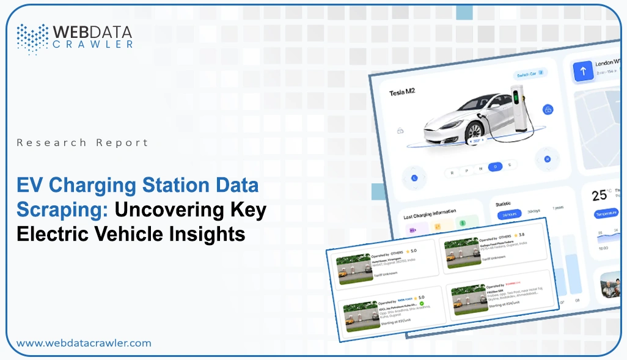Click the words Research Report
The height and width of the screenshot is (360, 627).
(82, 142)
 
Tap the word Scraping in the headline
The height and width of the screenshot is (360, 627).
(60, 208)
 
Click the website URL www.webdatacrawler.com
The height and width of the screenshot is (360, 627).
(84, 343)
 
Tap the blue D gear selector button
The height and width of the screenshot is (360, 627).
(496, 166)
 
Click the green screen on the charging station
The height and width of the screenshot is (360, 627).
(516, 96)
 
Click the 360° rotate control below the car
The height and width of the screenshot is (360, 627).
(475, 141)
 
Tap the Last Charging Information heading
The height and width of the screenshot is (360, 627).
(430, 215)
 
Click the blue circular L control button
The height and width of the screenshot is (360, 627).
(414, 178)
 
